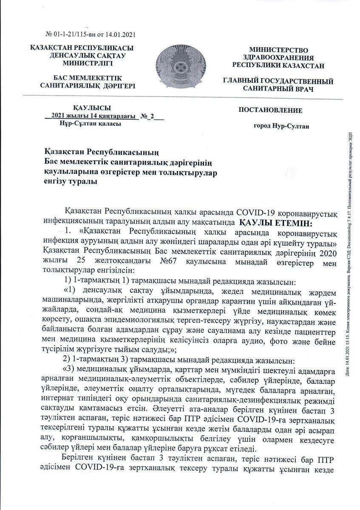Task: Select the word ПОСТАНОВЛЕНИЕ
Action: pos(271,110)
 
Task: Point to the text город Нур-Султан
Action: pos(281,126)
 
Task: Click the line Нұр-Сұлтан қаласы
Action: pos(90,124)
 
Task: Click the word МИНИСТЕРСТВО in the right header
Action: pos(278,50)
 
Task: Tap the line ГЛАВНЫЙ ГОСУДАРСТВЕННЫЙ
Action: pos(278,81)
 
